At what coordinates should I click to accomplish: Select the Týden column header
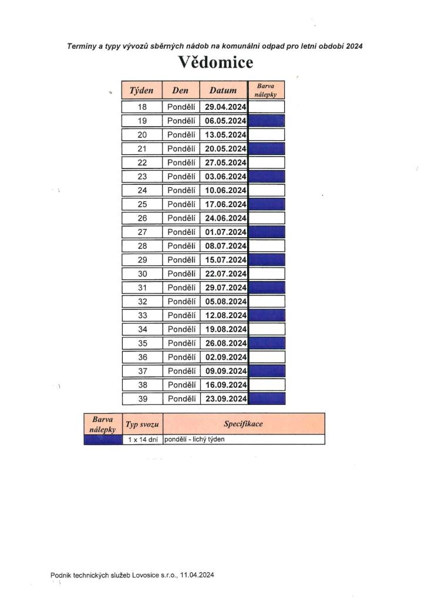click(x=141, y=90)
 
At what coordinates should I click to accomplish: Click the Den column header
click(x=180, y=90)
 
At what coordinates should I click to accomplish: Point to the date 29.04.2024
click(x=225, y=107)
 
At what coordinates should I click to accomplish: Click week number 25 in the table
click(x=141, y=204)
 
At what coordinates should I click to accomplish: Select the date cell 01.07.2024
click(x=225, y=232)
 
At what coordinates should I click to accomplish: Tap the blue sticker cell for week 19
click(x=267, y=121)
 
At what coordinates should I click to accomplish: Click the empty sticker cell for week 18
click(x=267, y=107)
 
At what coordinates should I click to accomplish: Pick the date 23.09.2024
click(x=225, y=399)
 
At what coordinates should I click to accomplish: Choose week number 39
click(x=141, y=399)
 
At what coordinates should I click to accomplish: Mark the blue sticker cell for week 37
click(x=267, y=371)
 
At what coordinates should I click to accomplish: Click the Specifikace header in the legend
click(x=243, y=424)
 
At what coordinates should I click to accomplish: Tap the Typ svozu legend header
click(x=143, y=424)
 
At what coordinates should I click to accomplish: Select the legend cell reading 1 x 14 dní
click(x=143, y=440)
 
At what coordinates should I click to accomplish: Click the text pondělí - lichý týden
click(x=194, y=440)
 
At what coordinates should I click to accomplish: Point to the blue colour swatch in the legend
click(x=103, y=440)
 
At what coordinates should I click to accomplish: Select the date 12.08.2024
click(x=225, y=315)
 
